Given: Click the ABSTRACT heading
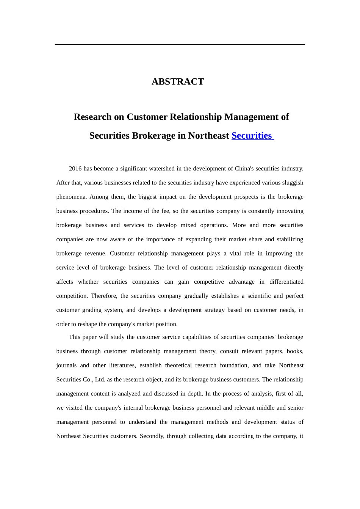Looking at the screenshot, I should [178, 82].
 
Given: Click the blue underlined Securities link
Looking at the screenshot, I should [252, 136].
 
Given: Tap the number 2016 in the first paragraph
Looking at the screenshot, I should [75, 169].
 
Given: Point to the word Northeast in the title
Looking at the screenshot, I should [208, 136].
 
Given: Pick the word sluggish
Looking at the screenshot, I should [292, 183].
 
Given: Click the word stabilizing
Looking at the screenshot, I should [290, 239].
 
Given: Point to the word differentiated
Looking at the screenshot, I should [286, 282].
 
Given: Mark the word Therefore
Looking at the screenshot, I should [104, 296].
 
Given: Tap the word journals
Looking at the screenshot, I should [66, 365].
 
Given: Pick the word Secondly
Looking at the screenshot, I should [152, 436].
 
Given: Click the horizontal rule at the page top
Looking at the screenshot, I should [180, 45].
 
